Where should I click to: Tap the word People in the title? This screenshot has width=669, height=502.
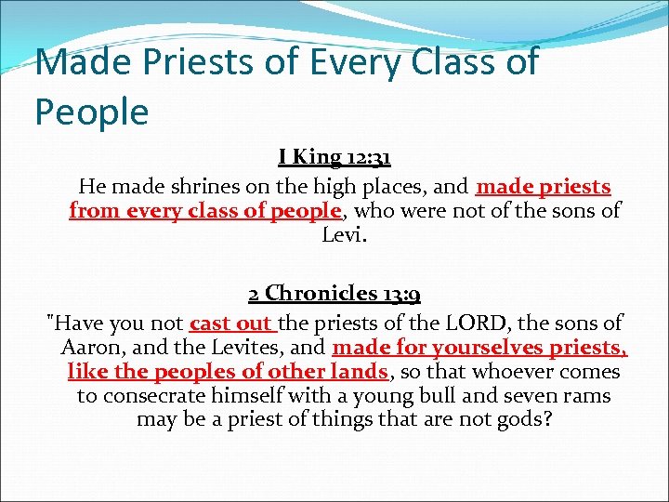coord(91,112)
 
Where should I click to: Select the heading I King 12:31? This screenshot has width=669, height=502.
coord(334,160)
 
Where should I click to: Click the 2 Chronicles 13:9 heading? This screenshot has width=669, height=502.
coord(334,295)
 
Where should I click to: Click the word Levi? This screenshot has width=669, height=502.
coord(344,234)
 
